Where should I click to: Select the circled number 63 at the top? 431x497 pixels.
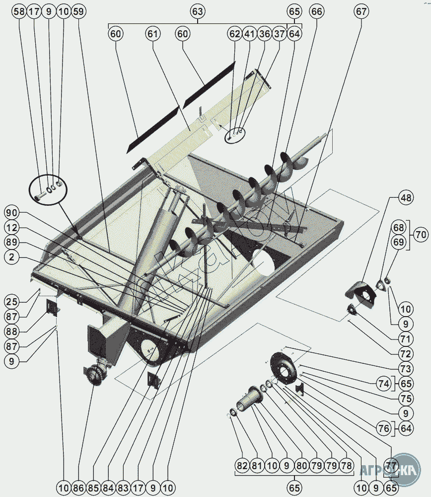[198, 10]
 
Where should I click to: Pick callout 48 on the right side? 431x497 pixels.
[406, 198]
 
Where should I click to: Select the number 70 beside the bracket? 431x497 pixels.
[421, 234]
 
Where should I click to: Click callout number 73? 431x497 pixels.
[406, 368]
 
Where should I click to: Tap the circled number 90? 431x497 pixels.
[12, 212]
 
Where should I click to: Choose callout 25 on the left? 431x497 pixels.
[12, 301]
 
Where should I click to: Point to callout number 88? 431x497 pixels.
[12, 331]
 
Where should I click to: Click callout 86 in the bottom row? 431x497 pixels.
[78, 488]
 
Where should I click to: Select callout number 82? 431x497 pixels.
[242, 466]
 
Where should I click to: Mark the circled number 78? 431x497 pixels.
[346, 466]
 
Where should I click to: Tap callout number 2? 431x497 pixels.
[12, 257]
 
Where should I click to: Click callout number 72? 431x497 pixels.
[406, 354]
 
